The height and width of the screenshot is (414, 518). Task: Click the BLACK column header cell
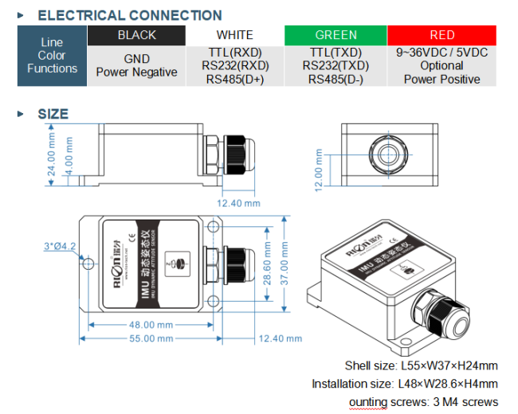tap(136, 35)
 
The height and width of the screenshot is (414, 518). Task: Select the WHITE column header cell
tap(235, 35)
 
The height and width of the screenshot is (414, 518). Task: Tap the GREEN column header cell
tap(336, 35)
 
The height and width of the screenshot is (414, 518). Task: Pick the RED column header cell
tap(442, 35)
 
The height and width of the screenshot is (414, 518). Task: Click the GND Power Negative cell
tap(136, 65)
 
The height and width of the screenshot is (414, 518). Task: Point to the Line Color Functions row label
tap(52, 56)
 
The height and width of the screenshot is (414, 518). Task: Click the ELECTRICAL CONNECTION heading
tap(130, 15)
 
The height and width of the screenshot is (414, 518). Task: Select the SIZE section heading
tap(53, 114)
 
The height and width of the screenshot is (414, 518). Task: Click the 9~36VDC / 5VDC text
tap(441, 53)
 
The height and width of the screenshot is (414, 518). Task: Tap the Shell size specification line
tap(421, 366)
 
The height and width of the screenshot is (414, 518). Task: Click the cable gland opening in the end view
tap(388, 154)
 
